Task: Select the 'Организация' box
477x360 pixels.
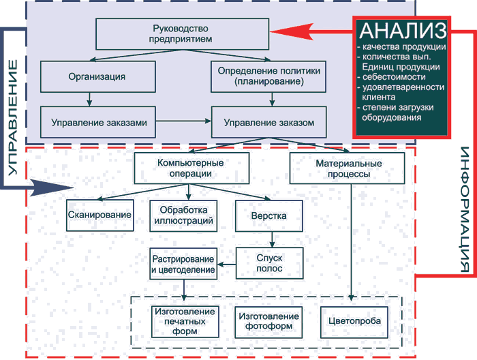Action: [x=97, y=76]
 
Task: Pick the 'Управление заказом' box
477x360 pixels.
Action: [x=268, y=123]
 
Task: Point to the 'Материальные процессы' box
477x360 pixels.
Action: [x=348, y=168]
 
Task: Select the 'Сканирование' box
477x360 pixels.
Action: [x=109, y=215]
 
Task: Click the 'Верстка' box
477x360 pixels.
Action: [x=268, y=215]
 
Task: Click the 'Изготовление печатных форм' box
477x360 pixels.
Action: [x=185, y=320]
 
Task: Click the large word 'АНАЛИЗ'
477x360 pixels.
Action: [x=402, y=30]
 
